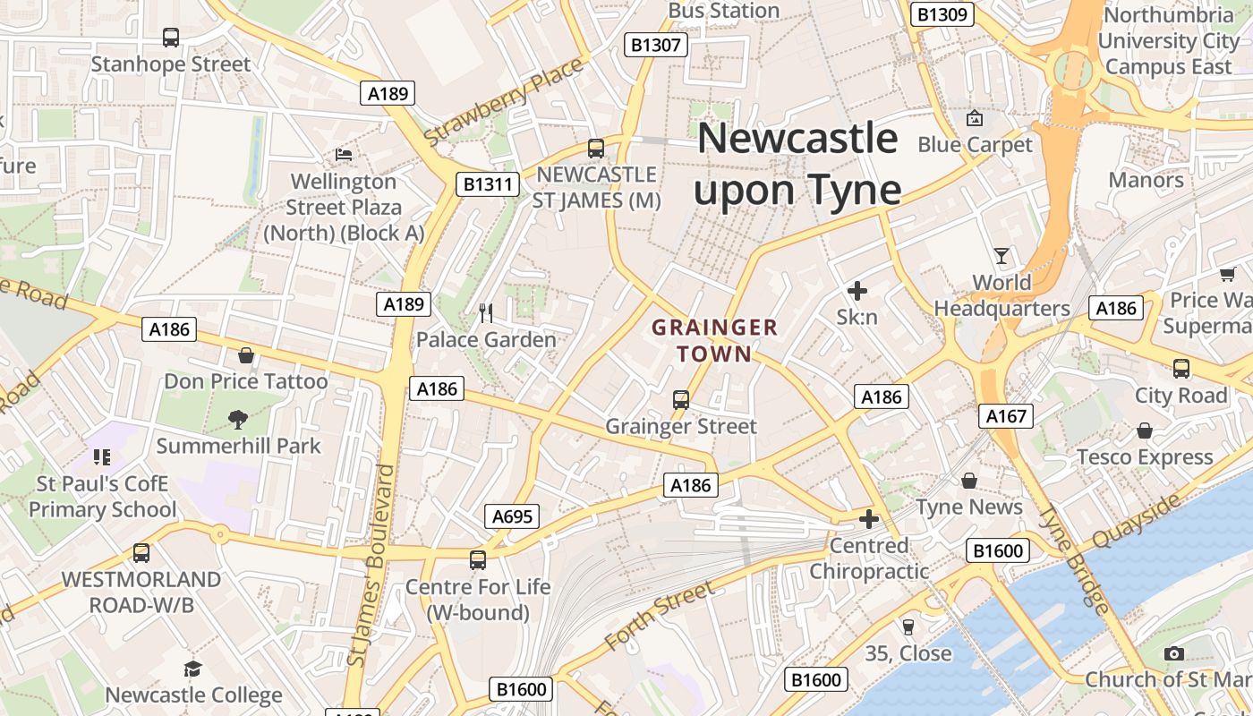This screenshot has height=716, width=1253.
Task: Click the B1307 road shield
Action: coord(656,45)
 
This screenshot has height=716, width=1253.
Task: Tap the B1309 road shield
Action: coord(942,14)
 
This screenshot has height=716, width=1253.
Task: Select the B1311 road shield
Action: coord(487,185)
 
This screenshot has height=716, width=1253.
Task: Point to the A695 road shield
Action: coord(513,516)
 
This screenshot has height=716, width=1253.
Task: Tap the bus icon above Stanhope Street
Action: coord(171,38)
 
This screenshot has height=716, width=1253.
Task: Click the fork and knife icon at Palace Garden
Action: coord(486,312)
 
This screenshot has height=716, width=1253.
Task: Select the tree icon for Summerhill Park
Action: coord(238,419)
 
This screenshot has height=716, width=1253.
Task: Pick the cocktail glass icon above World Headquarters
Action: coord(1002,256)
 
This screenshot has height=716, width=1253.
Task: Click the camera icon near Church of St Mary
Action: coord(1174,653)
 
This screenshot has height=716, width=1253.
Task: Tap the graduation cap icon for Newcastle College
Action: coord(192,669)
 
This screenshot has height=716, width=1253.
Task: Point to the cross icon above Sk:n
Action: coord(857,290)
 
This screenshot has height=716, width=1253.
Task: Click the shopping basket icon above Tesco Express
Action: coord(1145,430)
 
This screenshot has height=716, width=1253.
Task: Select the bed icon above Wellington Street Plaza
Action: coord(344,155)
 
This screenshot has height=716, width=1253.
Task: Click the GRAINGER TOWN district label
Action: coord(714,340)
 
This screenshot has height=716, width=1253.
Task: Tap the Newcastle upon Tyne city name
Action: coord(797,164)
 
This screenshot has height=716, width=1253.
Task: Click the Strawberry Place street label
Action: coord(506,101)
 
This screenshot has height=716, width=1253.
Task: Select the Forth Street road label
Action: coord(660,616)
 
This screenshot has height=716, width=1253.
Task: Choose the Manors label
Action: coord(1146,180)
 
